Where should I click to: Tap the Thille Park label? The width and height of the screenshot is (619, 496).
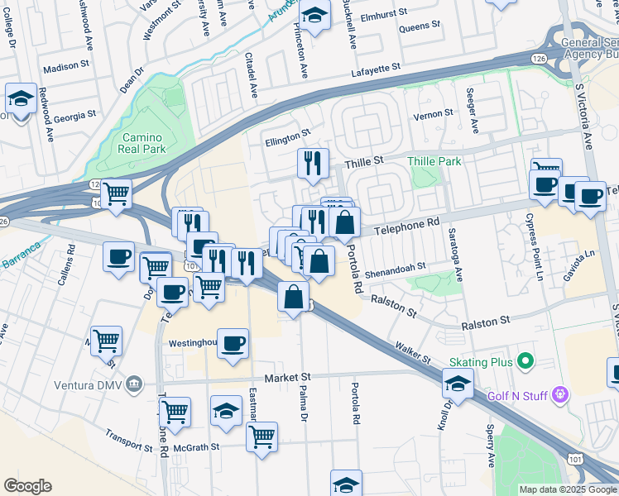coord(434,161)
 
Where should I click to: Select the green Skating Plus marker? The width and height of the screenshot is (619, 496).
coord(524,361)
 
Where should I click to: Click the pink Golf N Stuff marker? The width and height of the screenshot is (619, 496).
coord(560,396)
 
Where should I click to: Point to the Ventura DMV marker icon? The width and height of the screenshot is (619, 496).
coord(136,384)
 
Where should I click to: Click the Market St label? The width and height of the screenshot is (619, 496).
coord(287,377)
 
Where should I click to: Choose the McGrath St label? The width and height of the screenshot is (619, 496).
coord(197,446)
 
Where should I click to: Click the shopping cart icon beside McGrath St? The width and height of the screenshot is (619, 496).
coord(262,436)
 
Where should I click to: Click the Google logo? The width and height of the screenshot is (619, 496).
coord(28,486)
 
